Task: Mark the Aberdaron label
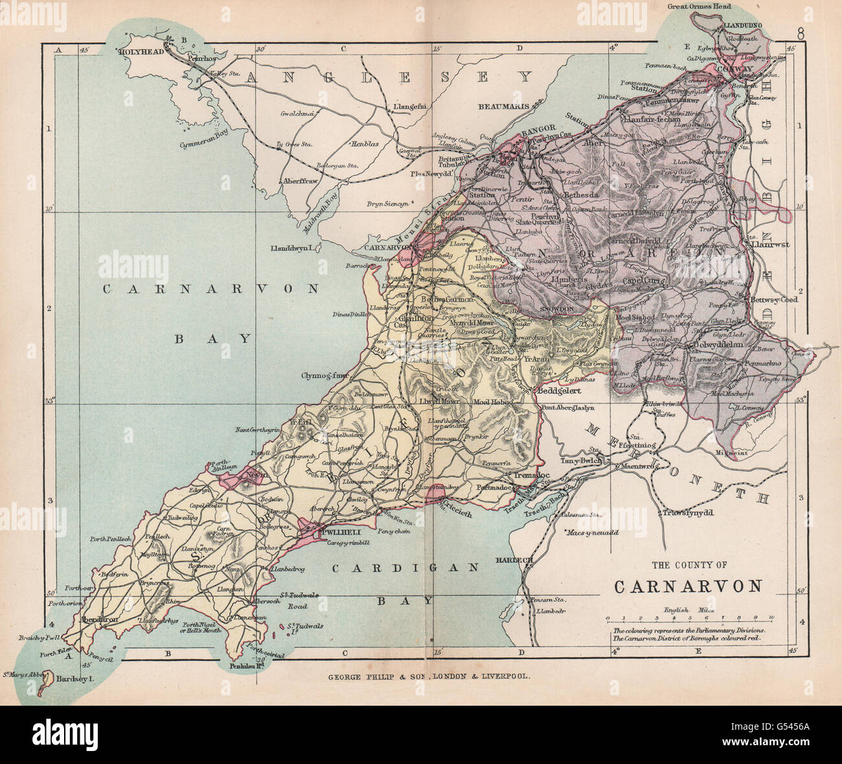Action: click(x=99, y=619)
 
